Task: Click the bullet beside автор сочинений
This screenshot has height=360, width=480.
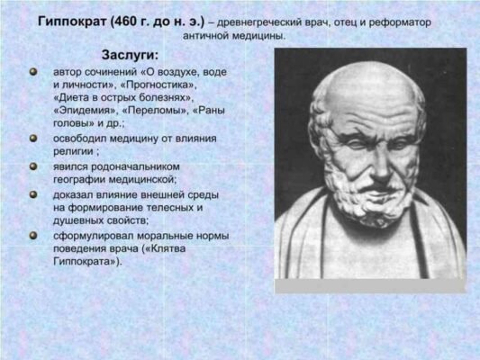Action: pyautogui.click(x=33, y=69)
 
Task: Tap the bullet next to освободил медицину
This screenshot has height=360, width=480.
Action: pyautogui.click(x=33, y=139)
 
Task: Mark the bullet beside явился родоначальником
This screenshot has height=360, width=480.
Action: pyautogui.click(x=33, y=166)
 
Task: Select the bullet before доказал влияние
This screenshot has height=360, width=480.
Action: pyautogui.click(x=33, y=193)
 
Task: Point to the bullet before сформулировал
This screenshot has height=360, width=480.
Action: pyautogui.click(x=33, y=234)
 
